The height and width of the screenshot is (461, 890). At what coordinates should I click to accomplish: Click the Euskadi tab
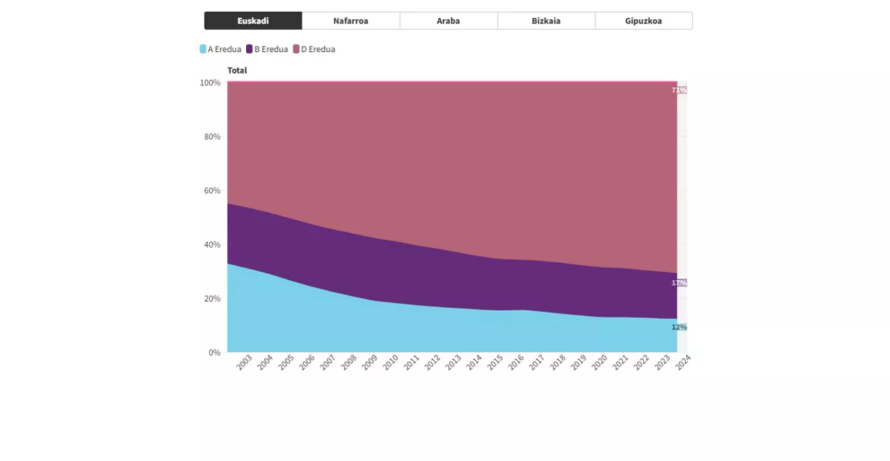click(253, 21)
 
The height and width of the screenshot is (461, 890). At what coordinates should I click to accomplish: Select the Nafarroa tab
click(350, 21)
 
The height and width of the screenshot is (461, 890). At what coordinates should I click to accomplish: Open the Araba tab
click(448, 21)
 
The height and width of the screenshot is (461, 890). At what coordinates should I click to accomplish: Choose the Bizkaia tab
click(546, 21)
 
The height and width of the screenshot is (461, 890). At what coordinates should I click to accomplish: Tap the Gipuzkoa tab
click(643, 21)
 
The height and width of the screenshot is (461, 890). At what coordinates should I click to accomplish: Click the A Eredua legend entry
click(220, 49)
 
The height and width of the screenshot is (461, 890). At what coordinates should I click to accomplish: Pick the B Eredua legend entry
click(267, 49)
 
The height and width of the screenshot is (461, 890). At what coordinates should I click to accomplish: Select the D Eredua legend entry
click(314, 49)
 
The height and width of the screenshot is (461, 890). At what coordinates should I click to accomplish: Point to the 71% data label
click(679, 90)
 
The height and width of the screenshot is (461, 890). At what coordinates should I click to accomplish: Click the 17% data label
click(679, 283)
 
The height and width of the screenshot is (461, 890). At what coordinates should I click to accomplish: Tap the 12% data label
click(679, 327)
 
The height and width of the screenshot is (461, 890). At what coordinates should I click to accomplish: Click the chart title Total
click(237, 70)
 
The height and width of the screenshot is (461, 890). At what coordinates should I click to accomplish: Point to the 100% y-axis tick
click(210, 83)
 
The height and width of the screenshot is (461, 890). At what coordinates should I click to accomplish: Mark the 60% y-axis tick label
click(211, 191)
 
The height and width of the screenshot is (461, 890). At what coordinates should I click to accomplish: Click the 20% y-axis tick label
click(211, 299)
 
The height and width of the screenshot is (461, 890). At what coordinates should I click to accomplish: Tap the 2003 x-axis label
click(244, 362)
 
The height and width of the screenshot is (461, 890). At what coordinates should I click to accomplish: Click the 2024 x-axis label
click(683, 362)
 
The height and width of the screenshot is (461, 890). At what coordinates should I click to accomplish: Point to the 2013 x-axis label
click(453, 362)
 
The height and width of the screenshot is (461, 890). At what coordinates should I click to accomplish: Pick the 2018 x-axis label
click(558, 362)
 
